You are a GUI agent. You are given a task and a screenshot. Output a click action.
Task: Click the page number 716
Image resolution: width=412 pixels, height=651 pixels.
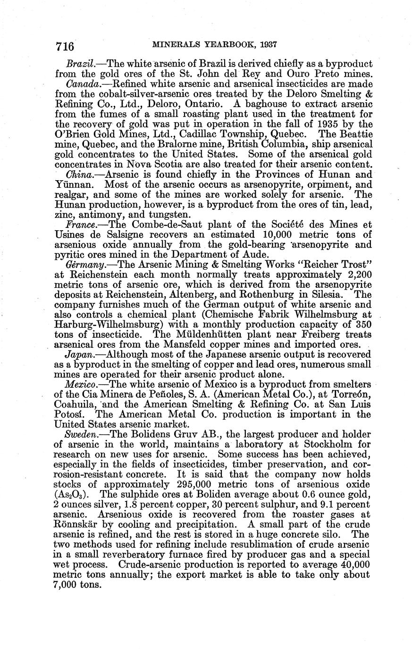[x=65, y=46]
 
